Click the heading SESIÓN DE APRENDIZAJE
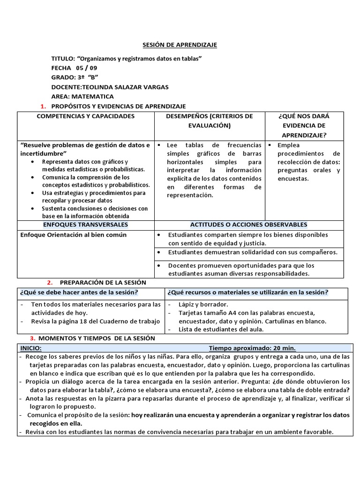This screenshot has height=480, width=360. pos(180,45)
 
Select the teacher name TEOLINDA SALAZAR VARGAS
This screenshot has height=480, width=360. pos(125,87)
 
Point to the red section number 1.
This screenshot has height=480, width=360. pos(43,106)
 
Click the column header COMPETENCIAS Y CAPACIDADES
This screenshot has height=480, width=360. pos(86,116)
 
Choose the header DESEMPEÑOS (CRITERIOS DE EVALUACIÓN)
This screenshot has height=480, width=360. pos(210,121)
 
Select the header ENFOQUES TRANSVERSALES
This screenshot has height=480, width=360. pos(85,225)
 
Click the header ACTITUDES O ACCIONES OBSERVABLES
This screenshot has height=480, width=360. pos(248,225)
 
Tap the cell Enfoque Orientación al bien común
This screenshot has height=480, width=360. pos(74,235)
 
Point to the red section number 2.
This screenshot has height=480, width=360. pos(49,283)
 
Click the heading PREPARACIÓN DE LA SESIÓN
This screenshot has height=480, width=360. pos(103,283)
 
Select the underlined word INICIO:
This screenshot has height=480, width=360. pos(30,348)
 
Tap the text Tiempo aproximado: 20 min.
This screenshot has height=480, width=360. pos(252,348)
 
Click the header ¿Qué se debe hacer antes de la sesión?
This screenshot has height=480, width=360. pos(79,292)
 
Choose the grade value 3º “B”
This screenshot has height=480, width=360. pos(87,77)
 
